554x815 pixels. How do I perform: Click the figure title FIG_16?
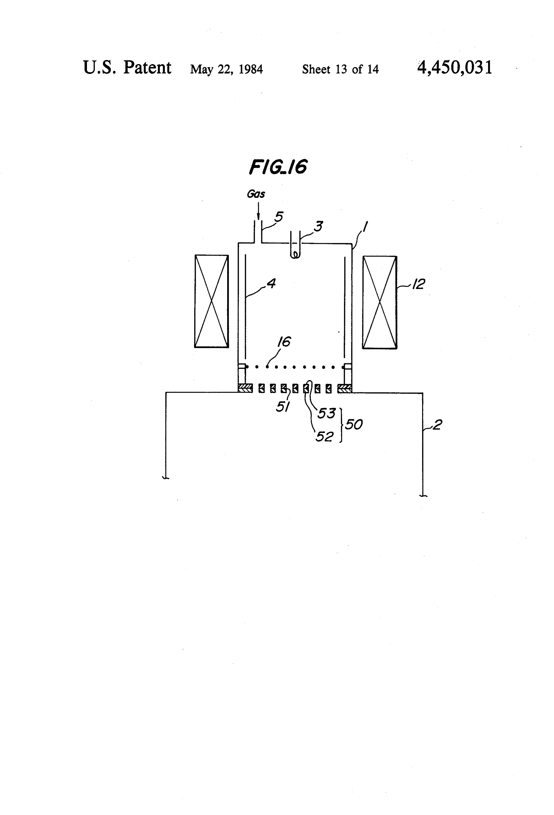pos(278,167)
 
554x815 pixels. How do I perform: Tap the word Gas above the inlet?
pos(256,194)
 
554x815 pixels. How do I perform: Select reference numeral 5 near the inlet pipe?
pos(279,217)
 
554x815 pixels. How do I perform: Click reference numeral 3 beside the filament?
pos(318,226)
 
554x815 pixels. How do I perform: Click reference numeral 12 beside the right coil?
pos(418,284)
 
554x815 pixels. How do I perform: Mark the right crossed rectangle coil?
pos(380,302)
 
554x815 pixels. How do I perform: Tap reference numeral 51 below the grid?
pos(282,407)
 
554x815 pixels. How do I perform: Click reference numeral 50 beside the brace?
pos(354,425)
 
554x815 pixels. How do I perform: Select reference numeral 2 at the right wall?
pos(437,425)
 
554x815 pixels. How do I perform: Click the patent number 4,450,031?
pos(455,67)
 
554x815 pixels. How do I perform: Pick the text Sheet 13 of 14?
pos(340,69)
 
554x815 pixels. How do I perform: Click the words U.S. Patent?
pos(127,67)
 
